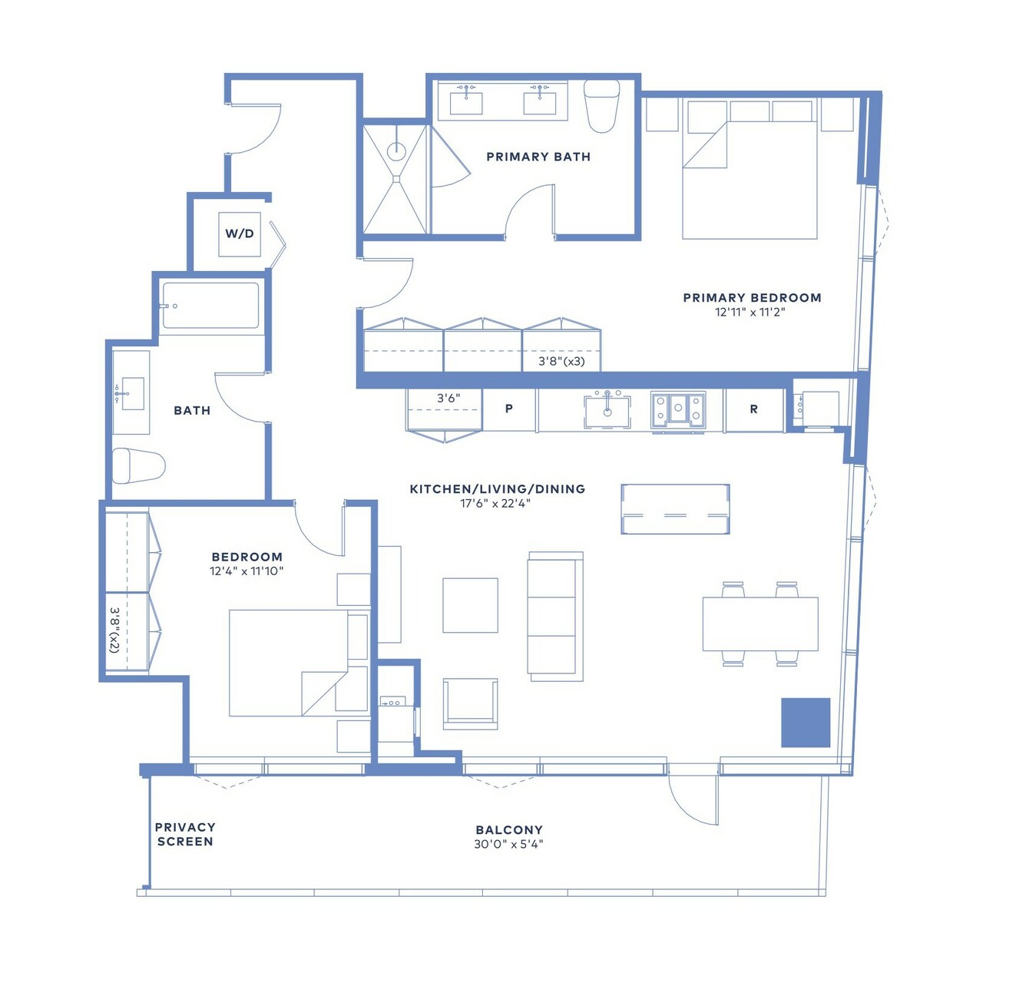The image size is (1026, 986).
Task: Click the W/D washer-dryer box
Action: point(240,234)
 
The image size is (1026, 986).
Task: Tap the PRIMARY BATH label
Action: point(538,157)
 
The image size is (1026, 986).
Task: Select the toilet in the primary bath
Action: point(601,106)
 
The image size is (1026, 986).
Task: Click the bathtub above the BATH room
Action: point(210,306)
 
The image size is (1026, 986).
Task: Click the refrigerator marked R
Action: point(754,410)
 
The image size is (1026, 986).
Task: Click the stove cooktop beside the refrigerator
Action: point(678,409)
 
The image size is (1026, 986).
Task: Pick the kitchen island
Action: point(675,509)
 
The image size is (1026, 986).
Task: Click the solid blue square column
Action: point(806,723)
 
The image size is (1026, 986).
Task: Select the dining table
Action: point(760,624)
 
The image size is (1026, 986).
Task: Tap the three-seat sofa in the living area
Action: point(555,617)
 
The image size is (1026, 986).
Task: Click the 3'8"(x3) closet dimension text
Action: point(561,362)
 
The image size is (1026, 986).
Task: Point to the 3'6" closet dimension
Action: point(448,398)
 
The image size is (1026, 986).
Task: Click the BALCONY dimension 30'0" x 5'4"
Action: point(509,844)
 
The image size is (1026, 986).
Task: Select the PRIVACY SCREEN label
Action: point(185,834)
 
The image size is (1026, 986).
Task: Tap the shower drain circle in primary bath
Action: point(396,151)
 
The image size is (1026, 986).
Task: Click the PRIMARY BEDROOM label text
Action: point(753,297)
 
